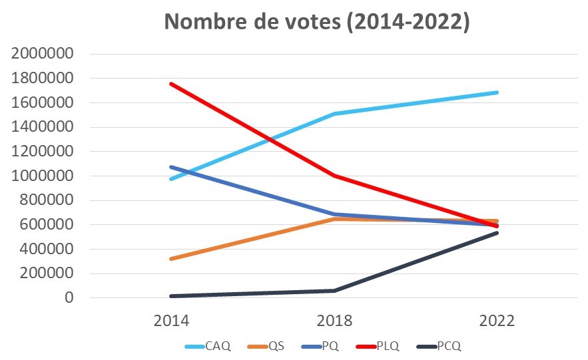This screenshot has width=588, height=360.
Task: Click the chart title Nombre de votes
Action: pos(317,21)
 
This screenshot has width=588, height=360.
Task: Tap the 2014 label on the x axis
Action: pos(171,321)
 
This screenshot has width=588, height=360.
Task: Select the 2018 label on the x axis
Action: pos(334,321)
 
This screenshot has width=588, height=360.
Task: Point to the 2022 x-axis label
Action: pos(496,321)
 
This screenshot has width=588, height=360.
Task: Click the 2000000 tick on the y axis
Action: pos(42,54)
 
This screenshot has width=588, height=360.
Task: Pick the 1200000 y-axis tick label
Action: pos(42,152)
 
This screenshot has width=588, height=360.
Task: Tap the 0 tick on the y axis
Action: pos(68,298)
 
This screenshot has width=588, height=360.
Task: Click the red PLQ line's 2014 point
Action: pos(171,84)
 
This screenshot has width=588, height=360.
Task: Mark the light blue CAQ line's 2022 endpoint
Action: pos(497,92)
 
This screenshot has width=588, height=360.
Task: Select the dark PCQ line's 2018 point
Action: pos(334,291)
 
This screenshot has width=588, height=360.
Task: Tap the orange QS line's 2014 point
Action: pos(171,259)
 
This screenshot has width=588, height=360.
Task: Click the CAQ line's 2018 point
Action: pos(334,114)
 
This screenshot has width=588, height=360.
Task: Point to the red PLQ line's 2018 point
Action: pos(334,176)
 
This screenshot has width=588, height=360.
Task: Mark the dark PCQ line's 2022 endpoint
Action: pos(497,233)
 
